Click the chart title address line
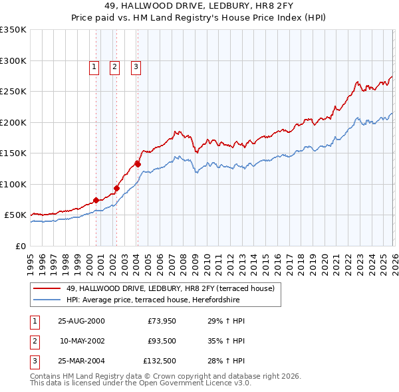tap(199, 6)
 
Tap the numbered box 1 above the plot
tap(94, 66)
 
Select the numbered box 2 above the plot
tap(114, 66)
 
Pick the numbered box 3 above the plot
tap(135, 66)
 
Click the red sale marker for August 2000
tap(96, 199)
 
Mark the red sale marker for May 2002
tap(116, 188)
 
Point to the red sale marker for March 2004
tap(138, 163)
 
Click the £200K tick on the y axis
tap(13, 122)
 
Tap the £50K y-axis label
tap(16, 215)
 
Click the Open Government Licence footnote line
tap(140, 383)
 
